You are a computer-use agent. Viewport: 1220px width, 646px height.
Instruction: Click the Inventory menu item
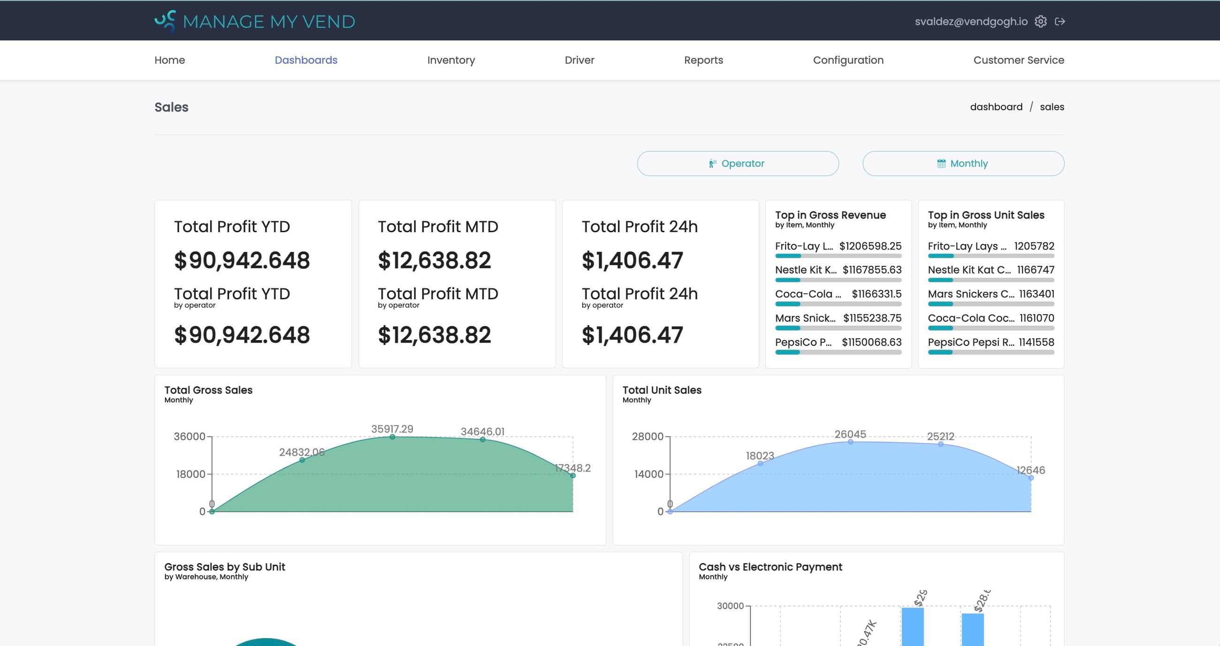tap(450, 60)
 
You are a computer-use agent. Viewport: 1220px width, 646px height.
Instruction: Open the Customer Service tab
tap(1018, 60)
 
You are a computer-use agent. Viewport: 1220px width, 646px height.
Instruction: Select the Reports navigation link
tap(703, 60)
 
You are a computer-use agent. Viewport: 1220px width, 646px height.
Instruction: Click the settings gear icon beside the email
tap(1040, 21)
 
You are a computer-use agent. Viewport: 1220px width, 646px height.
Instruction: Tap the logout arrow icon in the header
tap(1060, 21)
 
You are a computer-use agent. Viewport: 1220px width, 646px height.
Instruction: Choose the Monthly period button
tap(963, 163)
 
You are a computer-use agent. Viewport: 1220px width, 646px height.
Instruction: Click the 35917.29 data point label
tap(392, 429)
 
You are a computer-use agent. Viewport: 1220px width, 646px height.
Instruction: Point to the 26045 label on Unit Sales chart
tap(850, 434)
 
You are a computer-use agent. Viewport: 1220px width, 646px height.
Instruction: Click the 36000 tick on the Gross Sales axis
tap(190, 436)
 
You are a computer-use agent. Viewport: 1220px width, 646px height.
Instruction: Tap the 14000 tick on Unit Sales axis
tap(648, 474)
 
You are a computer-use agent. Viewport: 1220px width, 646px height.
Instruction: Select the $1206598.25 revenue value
tap(870, 246)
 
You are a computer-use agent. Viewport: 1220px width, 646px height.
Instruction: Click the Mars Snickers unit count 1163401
tap(1036, 294)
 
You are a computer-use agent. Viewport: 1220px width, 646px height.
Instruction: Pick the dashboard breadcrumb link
tap(996, 107)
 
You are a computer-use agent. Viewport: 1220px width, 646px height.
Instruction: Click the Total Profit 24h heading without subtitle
tap(639, 227)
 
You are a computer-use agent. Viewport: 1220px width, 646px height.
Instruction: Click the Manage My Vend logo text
tap(268, 22)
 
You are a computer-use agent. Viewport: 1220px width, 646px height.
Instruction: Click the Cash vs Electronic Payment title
tap(770, 567)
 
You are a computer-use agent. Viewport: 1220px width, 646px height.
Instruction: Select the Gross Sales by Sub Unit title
tap(224, 567)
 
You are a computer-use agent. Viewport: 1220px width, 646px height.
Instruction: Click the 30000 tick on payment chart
tap(730, 606)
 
